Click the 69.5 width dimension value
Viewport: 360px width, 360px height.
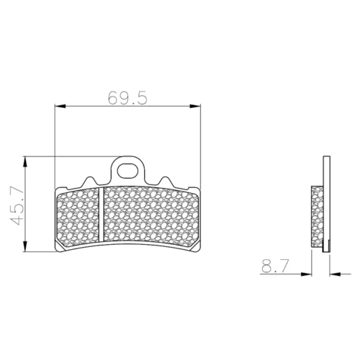coord(127,98)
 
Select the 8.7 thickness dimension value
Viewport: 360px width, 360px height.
coord(274,266)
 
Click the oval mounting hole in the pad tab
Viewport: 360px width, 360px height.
coord(128,170)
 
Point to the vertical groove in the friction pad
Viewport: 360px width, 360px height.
coord(102,215)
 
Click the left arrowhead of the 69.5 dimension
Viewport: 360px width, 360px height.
coord(60,106)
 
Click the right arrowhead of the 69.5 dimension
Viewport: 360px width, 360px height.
coord(195,106)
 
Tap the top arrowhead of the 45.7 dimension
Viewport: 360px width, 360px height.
coord(25,162)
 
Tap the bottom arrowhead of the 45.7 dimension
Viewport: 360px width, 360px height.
coord(25,246)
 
